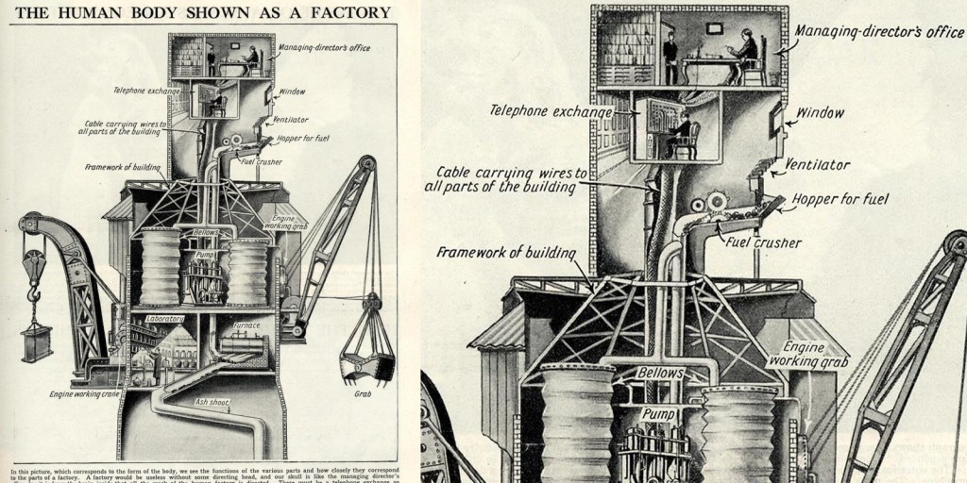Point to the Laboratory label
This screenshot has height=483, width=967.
point(163,319)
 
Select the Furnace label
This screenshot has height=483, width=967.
point(246,325)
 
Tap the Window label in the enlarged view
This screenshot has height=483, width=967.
point(819,113)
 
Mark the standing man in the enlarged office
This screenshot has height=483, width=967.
point(670,58)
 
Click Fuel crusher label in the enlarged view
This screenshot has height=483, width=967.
point(763,242)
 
